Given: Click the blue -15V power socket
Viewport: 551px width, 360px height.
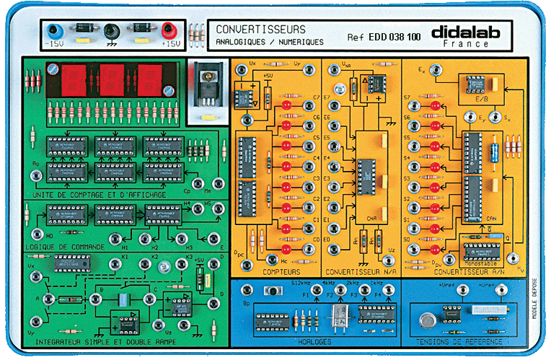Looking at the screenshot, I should [53, 30].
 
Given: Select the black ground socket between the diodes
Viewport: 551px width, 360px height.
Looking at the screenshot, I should [111, 30].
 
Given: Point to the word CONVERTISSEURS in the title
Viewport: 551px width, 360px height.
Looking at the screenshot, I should [260, 30].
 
